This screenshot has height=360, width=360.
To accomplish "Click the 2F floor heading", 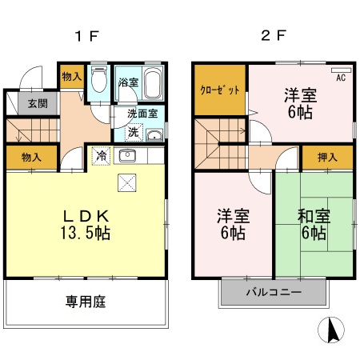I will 274,35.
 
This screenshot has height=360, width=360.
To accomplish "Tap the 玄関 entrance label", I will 38,102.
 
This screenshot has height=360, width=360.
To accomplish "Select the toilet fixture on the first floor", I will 99,81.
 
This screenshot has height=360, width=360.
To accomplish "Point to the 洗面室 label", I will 145,114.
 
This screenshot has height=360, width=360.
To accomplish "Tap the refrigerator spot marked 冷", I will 102,155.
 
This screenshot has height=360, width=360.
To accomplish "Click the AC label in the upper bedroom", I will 341,78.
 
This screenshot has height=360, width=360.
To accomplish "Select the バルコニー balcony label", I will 274,294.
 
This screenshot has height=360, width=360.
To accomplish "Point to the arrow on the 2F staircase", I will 239,123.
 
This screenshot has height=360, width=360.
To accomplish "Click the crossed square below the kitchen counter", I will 127,182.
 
